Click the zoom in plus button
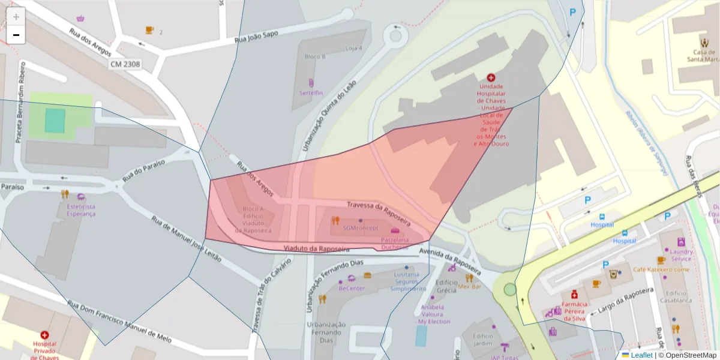coord(16,16)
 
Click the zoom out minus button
coord(16,35)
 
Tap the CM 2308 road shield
coord(125,64)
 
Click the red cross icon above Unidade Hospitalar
coord(491,77)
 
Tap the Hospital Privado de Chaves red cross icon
coord(44,335)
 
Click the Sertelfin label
coord(311,93)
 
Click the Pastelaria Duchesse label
coord(394,243)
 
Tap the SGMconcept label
coord(361,228)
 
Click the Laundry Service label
coord(681,255)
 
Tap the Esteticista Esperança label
coord(81,210)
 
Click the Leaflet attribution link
coord(641,355)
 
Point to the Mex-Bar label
coord(470,286)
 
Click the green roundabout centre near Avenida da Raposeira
coord(510,290)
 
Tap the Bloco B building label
coord(315,56)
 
